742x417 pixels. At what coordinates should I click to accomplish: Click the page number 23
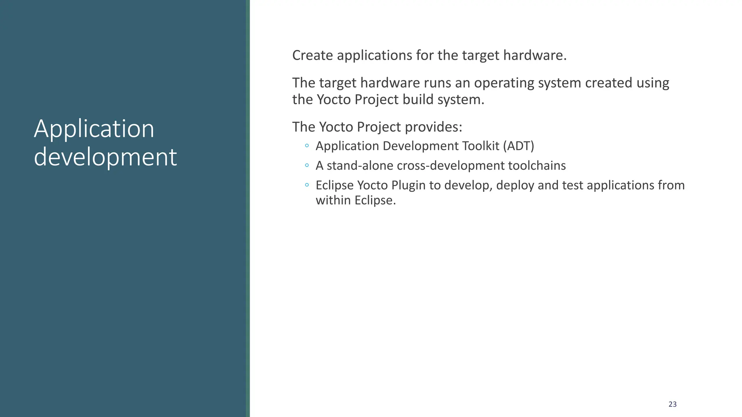pyautogui.click(x=672, y=404)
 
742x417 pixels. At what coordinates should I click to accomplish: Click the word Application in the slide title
pyautogui.click(x=94, y=129)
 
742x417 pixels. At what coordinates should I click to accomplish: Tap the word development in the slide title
pyautogui.click(x=105, y=157)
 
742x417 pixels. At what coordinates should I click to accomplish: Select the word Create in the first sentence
pyautogui.click(x=313, y=55)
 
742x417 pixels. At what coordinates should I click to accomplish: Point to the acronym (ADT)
pyautogui.click(x=518, y=146)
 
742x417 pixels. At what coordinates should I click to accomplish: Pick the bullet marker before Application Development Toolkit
pyautogui.click(x=307, y=146)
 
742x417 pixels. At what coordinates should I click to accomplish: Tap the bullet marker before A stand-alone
pyautogui.click(x=307, y=165)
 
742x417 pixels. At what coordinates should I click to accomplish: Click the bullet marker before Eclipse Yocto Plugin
pyautogui.click(x=307, y=185)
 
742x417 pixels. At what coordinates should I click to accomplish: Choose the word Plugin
pyautogui.click(x=408, y=185)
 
